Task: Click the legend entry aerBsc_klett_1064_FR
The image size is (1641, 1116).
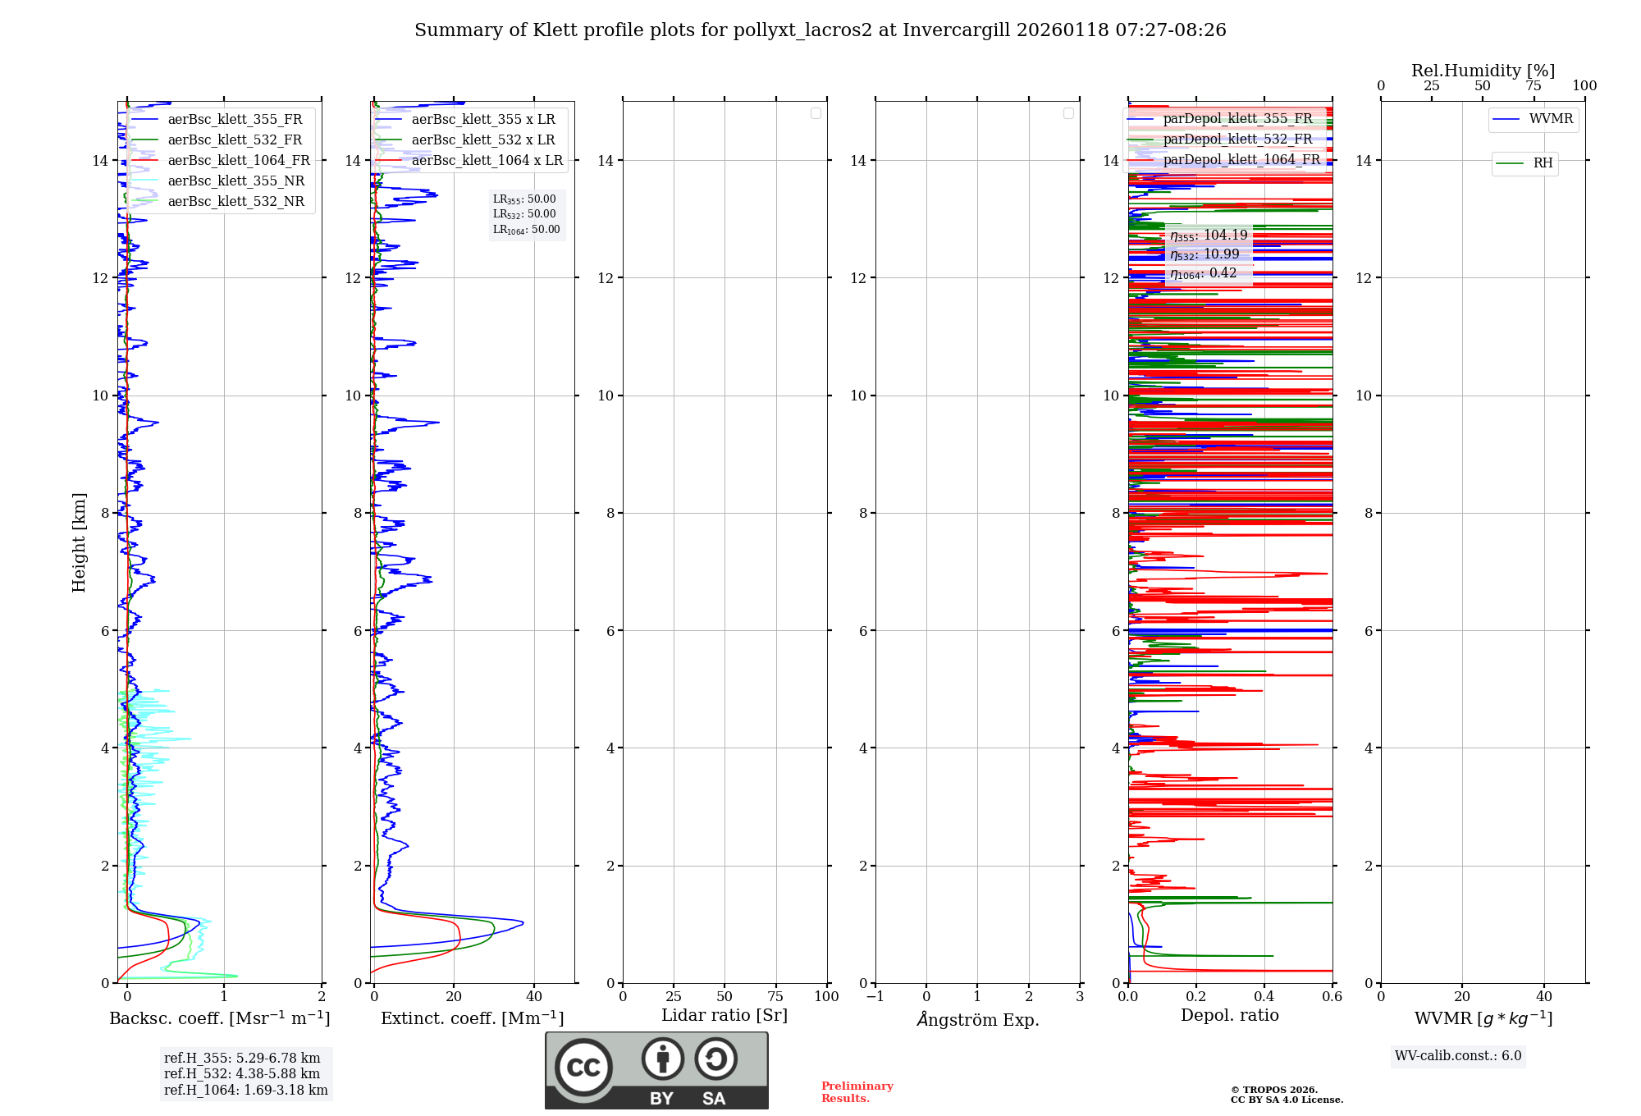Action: pos(239,161)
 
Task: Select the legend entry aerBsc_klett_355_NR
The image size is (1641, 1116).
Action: pos(236,181)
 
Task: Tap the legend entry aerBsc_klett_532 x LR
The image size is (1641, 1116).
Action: pos(483,140)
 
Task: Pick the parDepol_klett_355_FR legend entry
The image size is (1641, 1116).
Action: pos(1237,119)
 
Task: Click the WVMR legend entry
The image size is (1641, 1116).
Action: pos(1551,119)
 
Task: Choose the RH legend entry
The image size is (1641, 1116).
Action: pos(1543,163)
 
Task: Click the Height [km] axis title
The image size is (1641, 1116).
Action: pos(79,542)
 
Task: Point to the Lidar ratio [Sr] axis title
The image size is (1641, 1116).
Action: pos(725,1016)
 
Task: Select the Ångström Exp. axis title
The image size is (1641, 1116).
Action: pos(977,1020)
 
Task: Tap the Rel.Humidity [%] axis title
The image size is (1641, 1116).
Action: pos(1483,71)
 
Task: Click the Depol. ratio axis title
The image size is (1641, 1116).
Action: pos(1229,1016)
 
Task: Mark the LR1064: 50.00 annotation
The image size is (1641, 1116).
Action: pos(526,230)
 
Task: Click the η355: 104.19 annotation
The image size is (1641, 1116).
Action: pos(1209,236)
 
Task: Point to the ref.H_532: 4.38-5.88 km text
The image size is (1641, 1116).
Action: pos(242,1074)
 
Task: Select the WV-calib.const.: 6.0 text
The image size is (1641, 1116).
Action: pos(1458,1056)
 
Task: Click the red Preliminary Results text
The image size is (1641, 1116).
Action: pos(857,1092)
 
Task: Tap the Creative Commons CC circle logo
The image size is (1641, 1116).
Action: pos(583,1068)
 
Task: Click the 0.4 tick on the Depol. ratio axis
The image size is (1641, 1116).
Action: pos(1264,997)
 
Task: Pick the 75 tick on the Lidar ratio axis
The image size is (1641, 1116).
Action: pos(775,997)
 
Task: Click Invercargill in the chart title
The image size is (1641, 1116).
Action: pos(956,30)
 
